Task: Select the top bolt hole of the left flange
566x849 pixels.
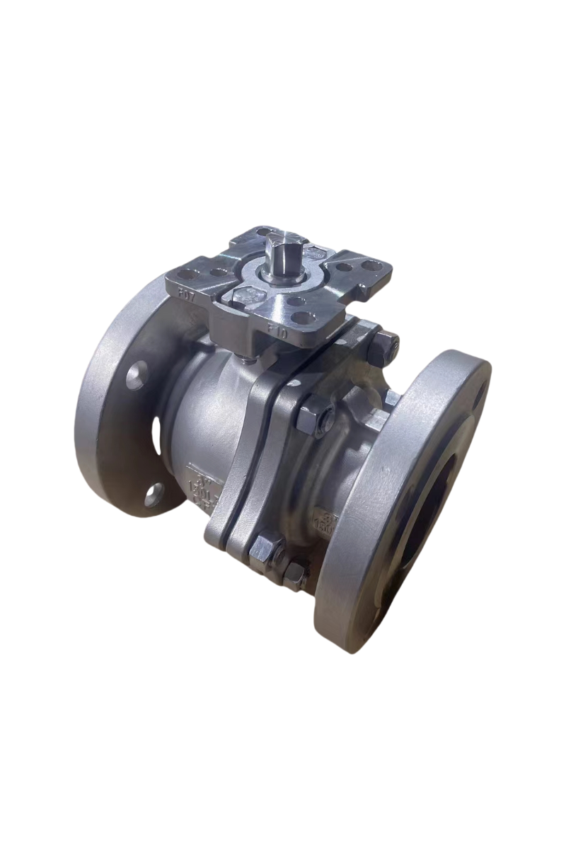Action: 137,374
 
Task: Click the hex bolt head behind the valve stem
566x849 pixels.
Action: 318,251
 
